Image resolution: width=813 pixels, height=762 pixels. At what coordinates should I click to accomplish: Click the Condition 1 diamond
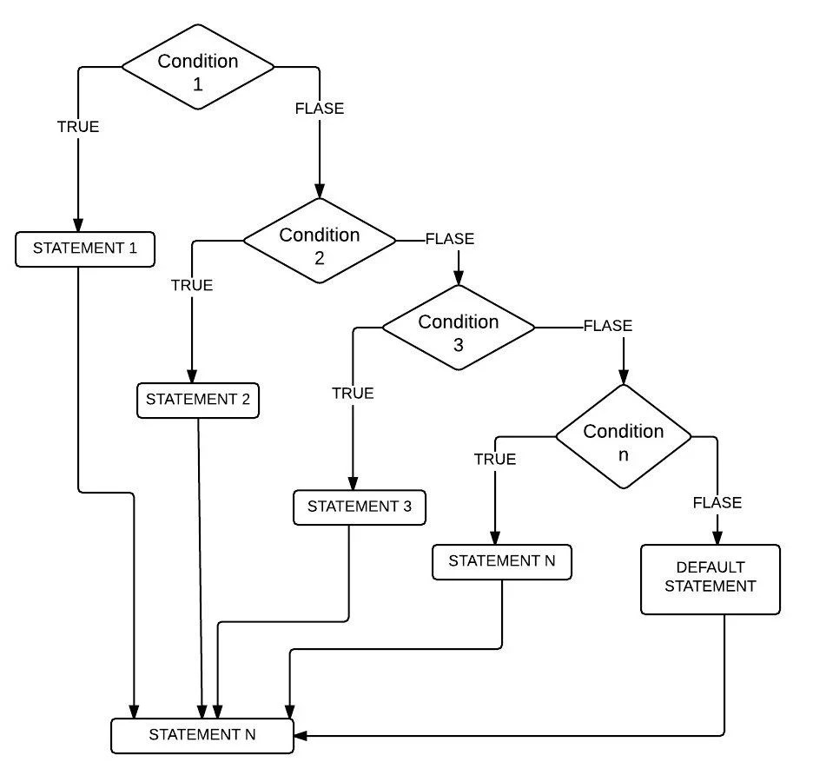198,70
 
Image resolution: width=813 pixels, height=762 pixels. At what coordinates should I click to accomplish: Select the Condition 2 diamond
320,243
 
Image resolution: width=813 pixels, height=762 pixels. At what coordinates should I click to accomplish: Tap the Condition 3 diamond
459,331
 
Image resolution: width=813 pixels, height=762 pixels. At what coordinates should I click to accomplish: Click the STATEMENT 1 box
85,248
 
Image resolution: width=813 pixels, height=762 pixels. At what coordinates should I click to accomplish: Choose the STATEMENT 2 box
198,401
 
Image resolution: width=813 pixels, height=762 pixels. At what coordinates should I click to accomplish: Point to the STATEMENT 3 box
360,507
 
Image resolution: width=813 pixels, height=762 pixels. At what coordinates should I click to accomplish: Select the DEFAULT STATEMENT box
710,579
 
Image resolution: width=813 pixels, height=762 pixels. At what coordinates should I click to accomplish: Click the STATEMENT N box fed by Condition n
502,561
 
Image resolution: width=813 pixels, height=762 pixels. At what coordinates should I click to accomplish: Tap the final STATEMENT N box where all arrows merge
202,734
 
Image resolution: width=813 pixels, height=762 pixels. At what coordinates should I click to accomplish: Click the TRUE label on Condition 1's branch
78,127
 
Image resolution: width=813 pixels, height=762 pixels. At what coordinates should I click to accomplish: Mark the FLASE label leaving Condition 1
320,109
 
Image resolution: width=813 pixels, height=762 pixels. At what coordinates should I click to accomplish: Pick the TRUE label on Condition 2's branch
192,285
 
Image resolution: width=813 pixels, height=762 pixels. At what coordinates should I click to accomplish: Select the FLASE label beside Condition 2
450,239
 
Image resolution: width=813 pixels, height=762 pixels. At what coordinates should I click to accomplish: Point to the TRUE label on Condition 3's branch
353,393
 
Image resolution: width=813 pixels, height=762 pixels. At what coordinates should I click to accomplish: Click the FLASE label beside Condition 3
608,327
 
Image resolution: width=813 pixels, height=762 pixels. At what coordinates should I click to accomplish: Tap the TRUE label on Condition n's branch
495,460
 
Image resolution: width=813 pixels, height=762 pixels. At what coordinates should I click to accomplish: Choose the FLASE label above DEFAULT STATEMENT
717,503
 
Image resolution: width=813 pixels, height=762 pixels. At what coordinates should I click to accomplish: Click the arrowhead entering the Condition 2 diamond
320,191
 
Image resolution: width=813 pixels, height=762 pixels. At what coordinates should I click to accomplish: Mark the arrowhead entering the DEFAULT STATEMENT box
717,537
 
